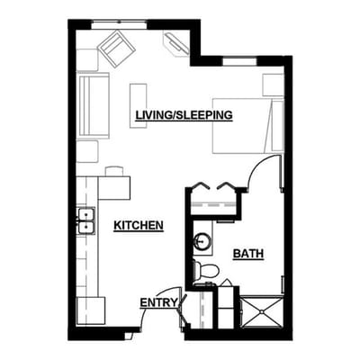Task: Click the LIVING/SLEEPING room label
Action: coord(184,115)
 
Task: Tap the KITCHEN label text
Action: coord(138,225)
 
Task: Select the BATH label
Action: coord(247,254)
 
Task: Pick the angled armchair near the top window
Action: coord(116,47)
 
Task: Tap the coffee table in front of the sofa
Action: coord(138,105)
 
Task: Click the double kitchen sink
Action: coord(86,220)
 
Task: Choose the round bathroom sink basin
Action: coord(203,242)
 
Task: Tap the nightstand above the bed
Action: coord(272,83)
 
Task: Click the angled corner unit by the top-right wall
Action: coord(175,42)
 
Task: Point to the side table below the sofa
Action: coord(87,150)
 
